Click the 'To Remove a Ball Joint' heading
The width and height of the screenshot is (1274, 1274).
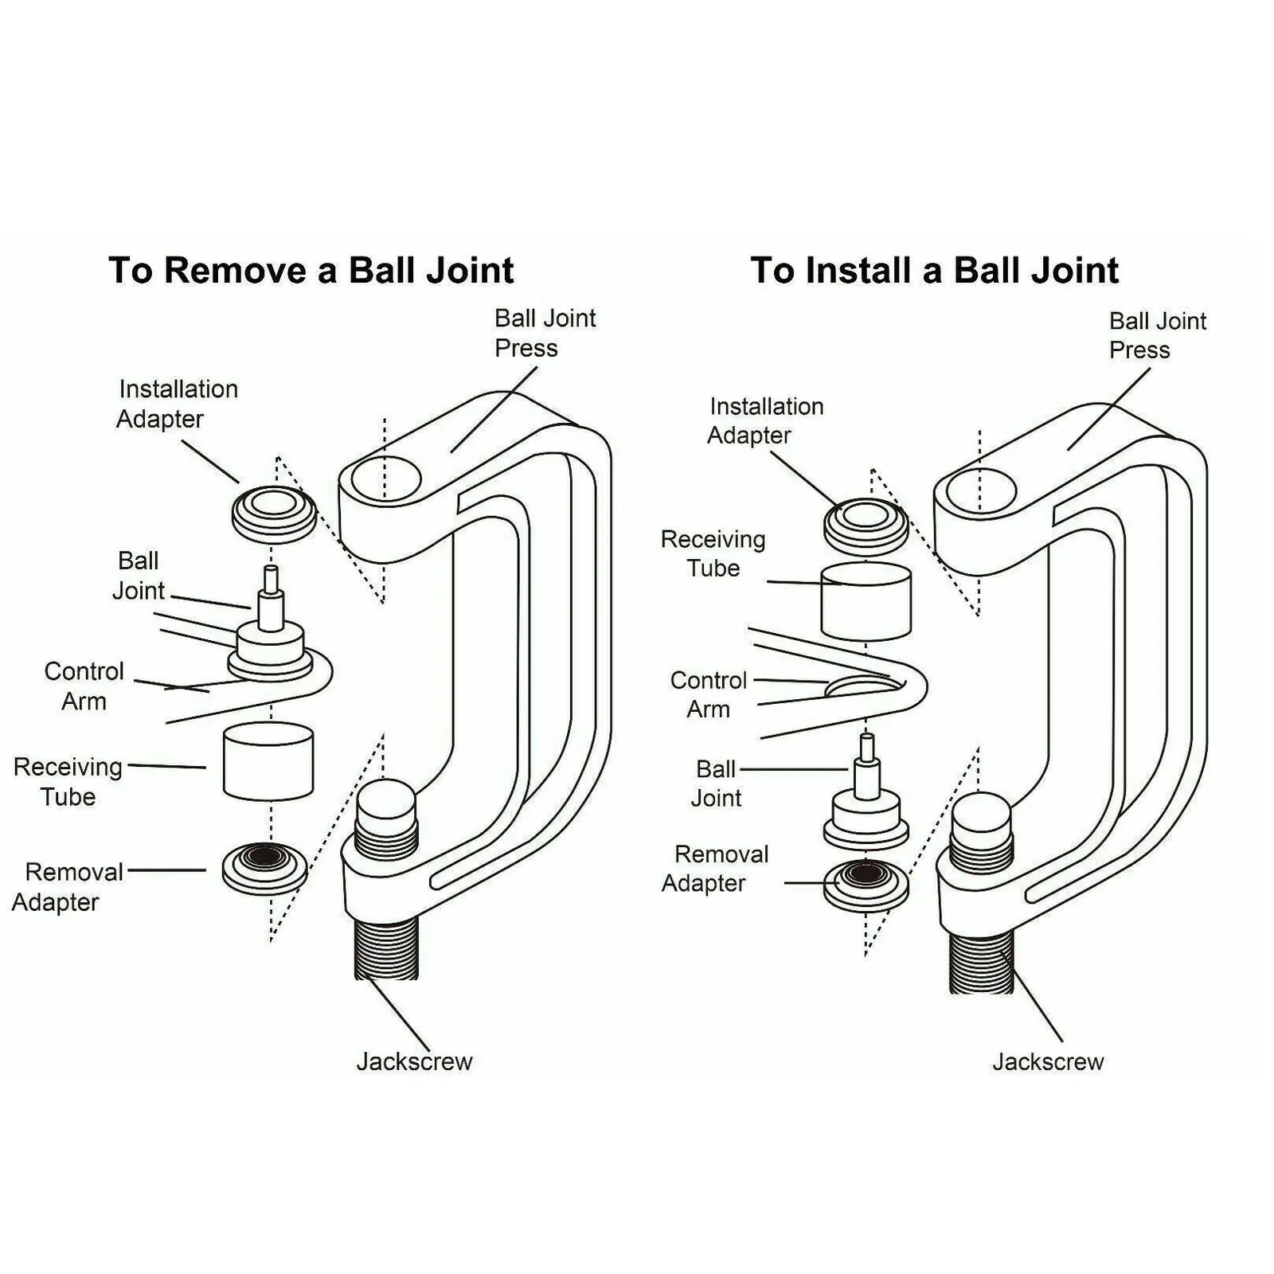point(311,270)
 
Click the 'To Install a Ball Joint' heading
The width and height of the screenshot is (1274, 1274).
point(934,270)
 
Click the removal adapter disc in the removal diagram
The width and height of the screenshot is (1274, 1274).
point(264,866)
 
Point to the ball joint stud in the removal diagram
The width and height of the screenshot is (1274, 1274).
point(271,605)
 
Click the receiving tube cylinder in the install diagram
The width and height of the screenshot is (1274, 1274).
point(866,601)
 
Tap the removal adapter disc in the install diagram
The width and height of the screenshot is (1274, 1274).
point(866,884)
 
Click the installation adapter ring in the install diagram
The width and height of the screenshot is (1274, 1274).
point(866,525)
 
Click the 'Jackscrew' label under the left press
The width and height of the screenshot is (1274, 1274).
point(414,1061)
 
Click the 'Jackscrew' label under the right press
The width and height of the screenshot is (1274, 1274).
point(1048,1061)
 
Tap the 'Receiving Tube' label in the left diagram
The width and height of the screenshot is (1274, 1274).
point(68,781)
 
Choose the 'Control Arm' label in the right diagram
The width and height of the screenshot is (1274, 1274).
point(708,694)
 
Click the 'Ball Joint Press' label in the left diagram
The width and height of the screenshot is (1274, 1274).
point(545,333)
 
